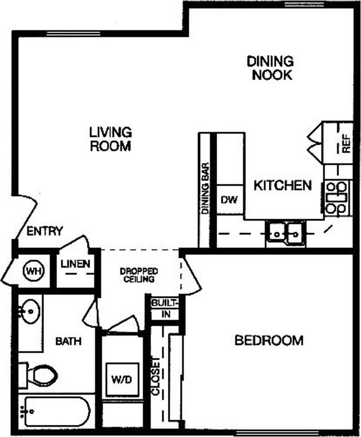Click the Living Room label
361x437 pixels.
111,139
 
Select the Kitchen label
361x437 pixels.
282,185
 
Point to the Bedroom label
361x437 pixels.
269,340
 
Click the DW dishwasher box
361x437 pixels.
229,199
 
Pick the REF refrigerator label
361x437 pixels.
346,145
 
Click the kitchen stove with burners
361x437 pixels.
337,198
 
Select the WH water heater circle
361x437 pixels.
32,272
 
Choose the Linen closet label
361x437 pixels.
76,264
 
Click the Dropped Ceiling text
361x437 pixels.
139,274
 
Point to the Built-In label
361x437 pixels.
163,308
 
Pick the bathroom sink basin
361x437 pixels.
30,312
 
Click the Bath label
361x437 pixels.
68,340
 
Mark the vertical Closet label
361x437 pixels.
156,376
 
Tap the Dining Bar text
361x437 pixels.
205,188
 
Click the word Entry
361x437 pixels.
44,231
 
